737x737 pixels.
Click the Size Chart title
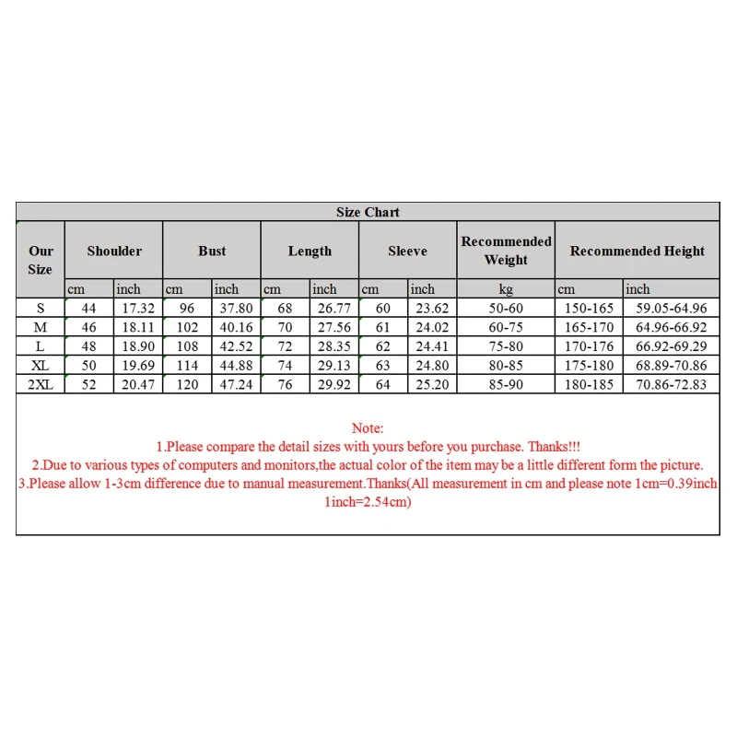pos(368,212)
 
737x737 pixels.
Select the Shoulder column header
pos(114,251)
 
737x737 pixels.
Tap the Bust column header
pos(212,251)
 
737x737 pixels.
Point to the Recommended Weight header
pos(506,251)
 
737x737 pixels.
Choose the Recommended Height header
pos(637,251)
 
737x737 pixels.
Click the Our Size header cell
pos(41,260)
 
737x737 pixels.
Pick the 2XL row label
pos(41,384)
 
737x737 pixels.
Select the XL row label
pos(41,365)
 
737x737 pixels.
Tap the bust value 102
pos(188,327)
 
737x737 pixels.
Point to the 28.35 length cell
pos(333,346)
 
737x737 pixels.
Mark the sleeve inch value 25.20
pos(431,384)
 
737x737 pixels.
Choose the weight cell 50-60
pos(506,308)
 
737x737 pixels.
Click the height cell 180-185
pos(589,384)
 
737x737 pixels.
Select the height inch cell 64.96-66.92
pos(672,327)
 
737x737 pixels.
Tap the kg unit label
pos(506,289)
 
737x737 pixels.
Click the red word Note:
pos(368,428)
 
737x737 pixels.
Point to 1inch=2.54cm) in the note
pos(368,502)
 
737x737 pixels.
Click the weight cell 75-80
pos(506,346)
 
